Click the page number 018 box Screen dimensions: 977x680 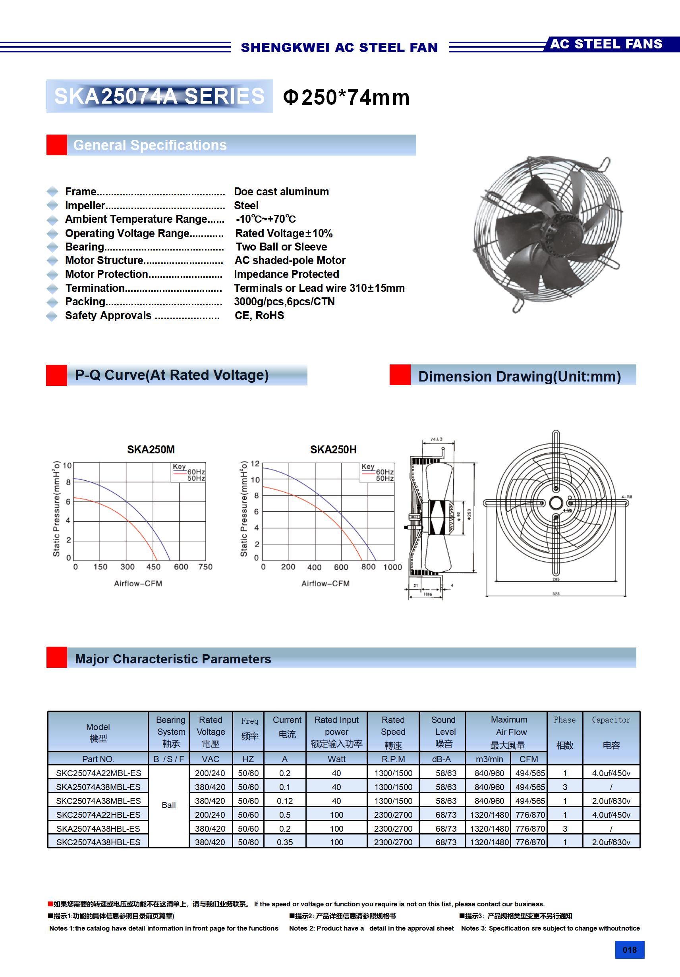click(x=629, y=950)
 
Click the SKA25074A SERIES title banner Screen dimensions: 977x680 click(x=159, y=96)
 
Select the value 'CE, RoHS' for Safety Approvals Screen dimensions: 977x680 click(x=259, y=315)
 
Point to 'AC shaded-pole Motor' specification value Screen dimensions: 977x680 click(x=290, y=260)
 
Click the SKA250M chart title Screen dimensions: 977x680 click(x=151, y=449)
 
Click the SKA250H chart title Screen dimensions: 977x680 click(x=333, y=449)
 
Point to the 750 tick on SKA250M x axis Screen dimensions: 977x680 click(x=205, y=567)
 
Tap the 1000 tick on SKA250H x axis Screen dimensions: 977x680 click(x=392, y=567)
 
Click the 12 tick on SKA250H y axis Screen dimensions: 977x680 click(x=255, y=463)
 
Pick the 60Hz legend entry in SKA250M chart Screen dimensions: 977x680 click(x=196, y=472)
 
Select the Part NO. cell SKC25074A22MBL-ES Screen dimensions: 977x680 click(x=99, y=773)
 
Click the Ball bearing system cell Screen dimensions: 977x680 click(x=169, y=805)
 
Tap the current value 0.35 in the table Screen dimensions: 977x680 click(x=284, y=842)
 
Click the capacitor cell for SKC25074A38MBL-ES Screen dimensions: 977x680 click(x=610, y=801)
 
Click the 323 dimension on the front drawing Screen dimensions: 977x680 click(x=556, y=594)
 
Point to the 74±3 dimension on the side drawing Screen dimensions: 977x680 click(x=436, y=439)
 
